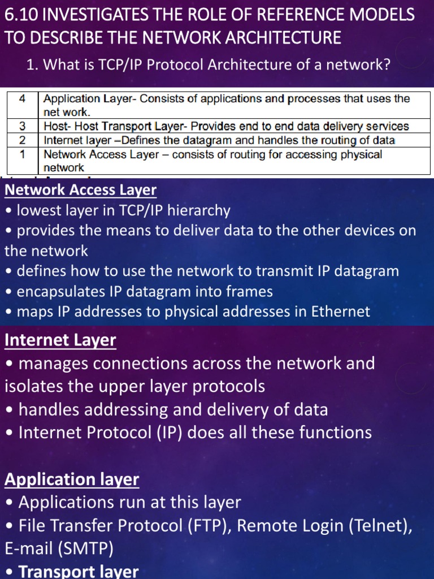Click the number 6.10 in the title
(20, 14)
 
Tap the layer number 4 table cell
(22, 99)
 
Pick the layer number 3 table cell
(22, 126)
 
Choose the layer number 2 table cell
(22, 140)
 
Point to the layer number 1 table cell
(22, 154)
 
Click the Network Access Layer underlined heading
(80, 190)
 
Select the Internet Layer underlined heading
(60, 340)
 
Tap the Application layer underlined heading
(72, 479)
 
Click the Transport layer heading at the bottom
(79, 571)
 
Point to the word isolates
(33, 387)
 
